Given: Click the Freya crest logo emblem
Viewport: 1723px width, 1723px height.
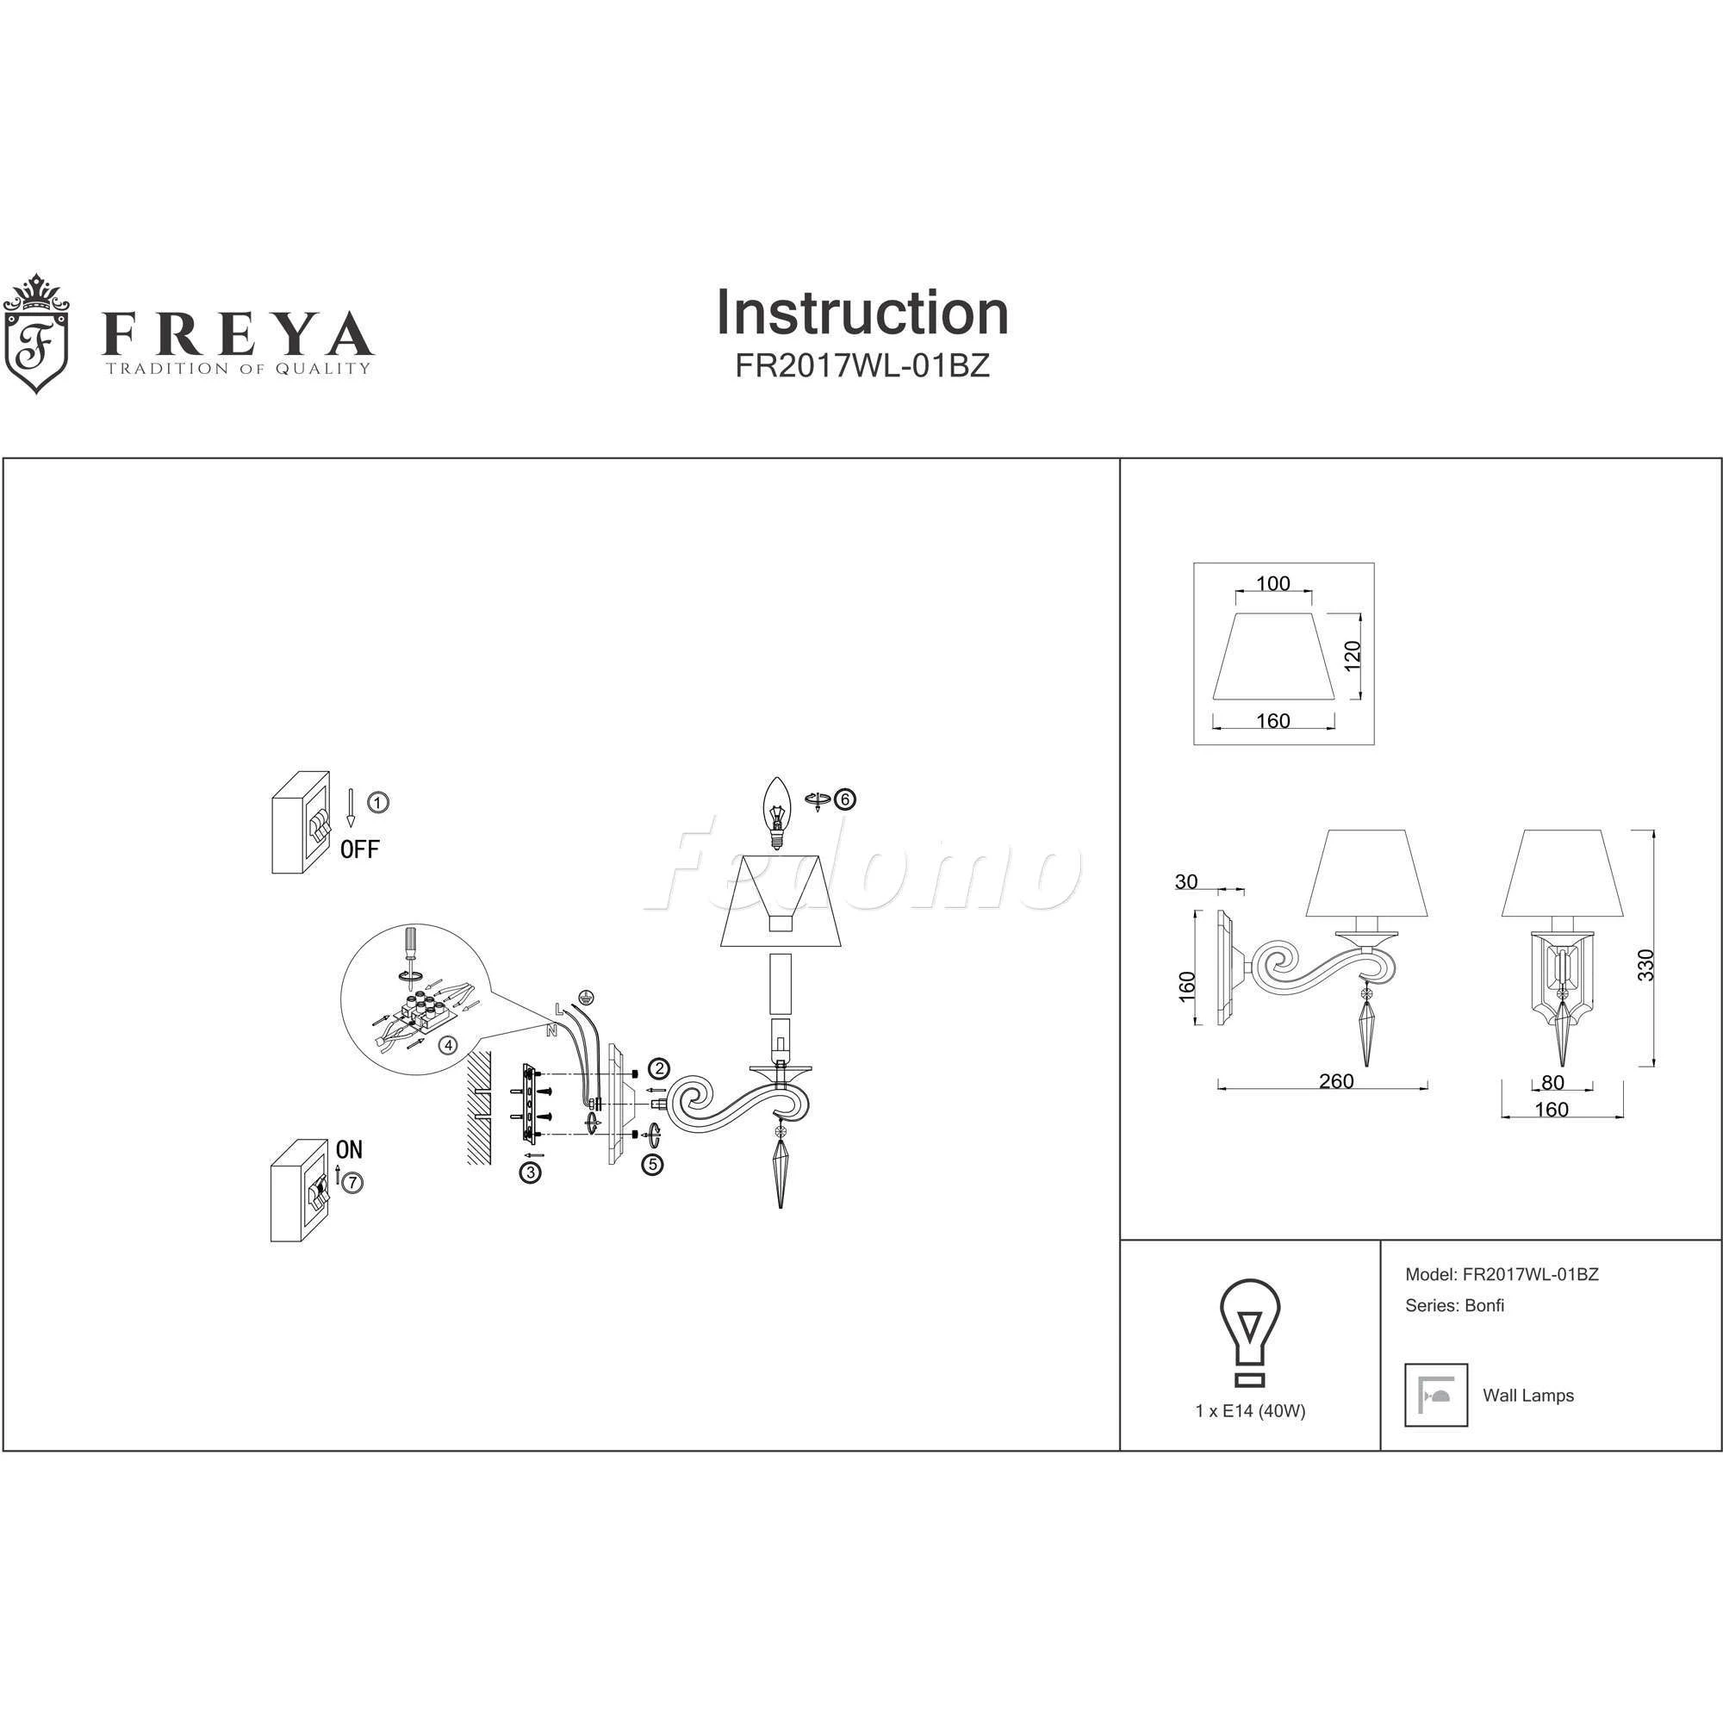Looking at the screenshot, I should point(36,333).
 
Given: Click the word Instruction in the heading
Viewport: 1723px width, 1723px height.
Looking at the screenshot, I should point(861,313).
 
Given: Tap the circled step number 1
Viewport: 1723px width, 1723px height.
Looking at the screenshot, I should point(378,803).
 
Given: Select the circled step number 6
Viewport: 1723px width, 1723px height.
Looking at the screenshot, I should point(843,799).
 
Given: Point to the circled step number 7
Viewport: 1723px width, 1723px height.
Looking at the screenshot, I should point(354,1183).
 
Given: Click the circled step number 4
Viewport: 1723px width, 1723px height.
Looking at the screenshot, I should point(450,1044).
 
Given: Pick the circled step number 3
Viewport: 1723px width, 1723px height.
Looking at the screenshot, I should point(531,1173).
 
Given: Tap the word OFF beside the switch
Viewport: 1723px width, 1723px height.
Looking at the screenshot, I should point(359,849).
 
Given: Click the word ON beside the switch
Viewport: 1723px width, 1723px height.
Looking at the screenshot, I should point(349,1149).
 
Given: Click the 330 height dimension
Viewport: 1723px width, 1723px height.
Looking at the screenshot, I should point(1646,965).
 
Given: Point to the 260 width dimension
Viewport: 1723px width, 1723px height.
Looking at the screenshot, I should point(1336,1081).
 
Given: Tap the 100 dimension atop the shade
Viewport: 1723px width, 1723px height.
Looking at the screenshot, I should point(1272,583).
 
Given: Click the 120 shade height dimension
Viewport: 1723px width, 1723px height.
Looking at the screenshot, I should point(1353,656).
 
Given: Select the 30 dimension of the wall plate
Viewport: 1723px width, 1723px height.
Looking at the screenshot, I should point(1186,882).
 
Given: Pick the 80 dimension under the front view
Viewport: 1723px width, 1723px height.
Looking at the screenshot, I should point(1552,1083).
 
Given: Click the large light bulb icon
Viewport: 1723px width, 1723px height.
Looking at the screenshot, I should point(1249,1332).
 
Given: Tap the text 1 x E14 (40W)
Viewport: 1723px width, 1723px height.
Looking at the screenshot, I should point(1250,1411).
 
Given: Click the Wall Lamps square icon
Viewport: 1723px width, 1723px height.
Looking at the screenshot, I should point(1436,1395).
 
